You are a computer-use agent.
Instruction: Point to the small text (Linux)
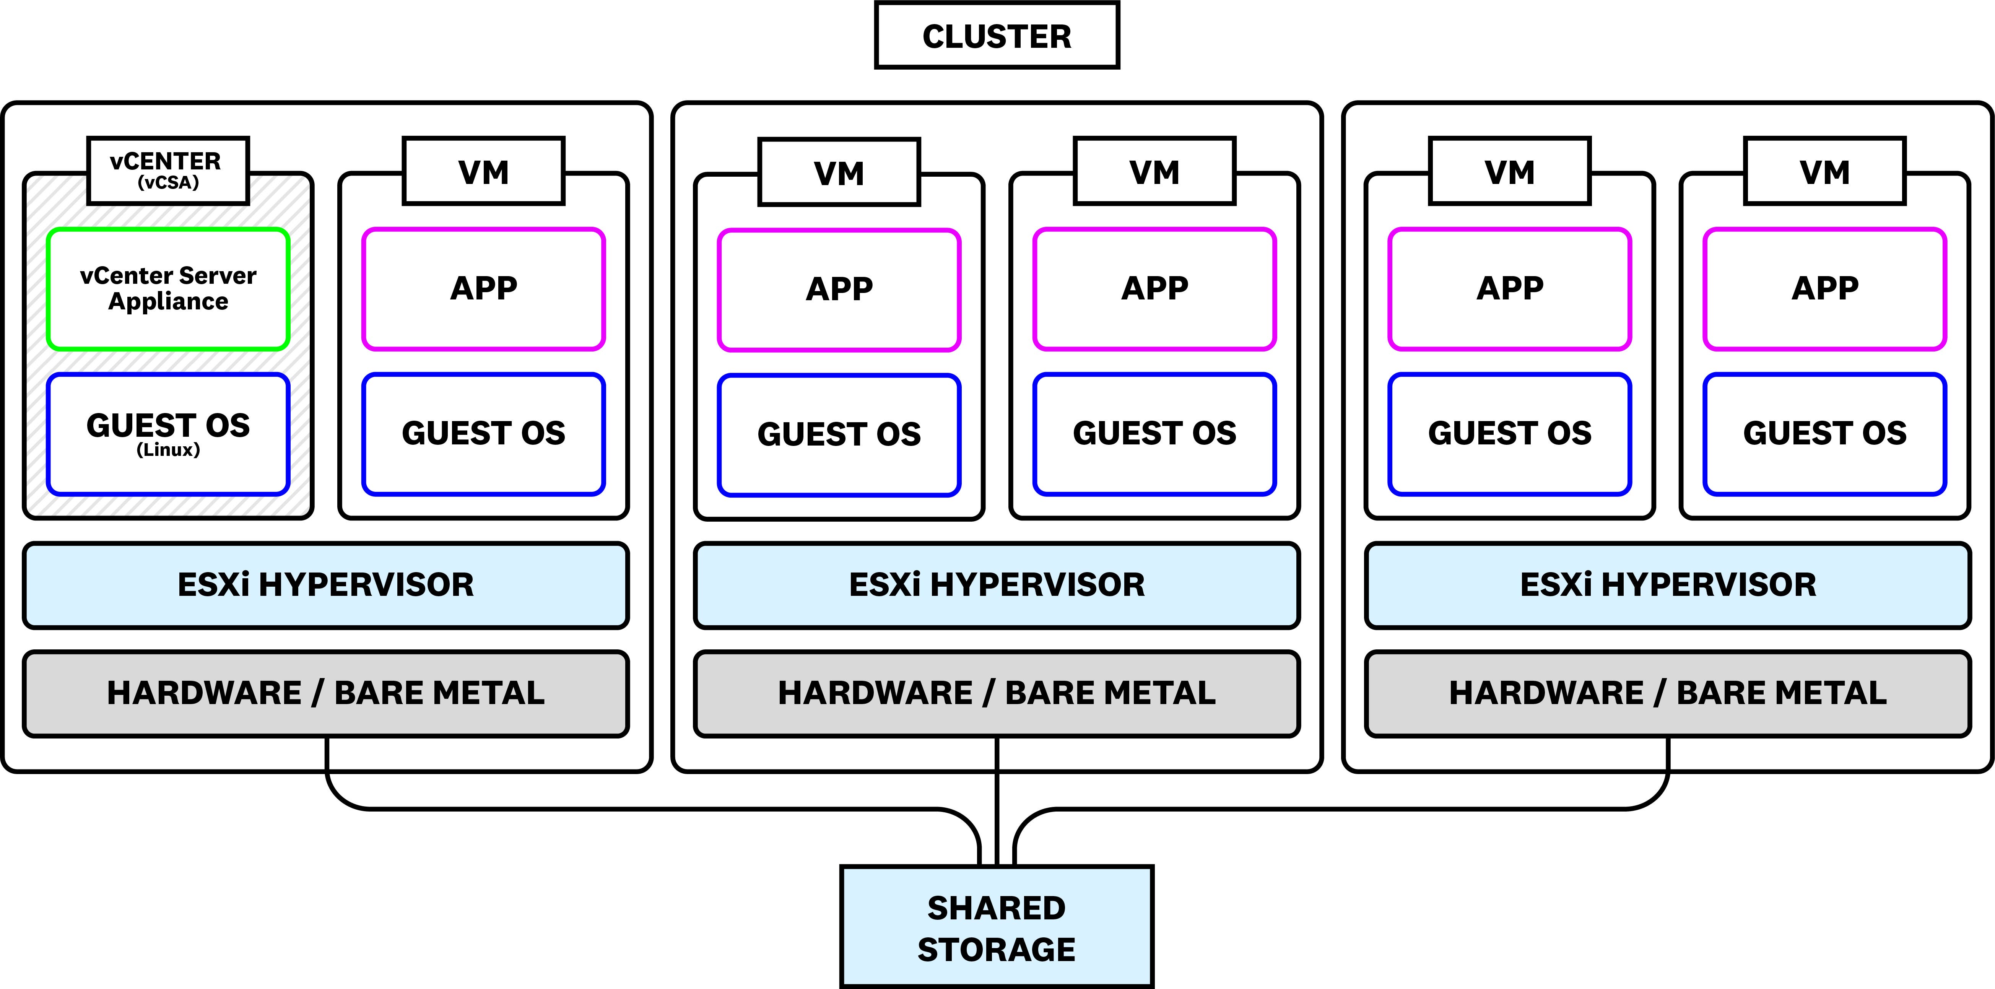tap(168, 450)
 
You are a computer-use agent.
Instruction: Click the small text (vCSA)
tap(168, 183)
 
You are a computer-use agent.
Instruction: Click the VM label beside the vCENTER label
tap(483, 171)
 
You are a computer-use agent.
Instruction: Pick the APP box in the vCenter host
tap(483, 288)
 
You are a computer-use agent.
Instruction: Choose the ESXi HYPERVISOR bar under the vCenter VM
tap(325, 585)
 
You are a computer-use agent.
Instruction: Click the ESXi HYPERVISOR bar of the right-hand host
tap(1667, 585)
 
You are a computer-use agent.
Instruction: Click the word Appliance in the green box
tap(168, 301)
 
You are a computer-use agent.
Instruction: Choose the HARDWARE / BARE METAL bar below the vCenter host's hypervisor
tap(325, 693)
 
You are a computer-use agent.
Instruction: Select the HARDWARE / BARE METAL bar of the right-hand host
tap(1667, 693)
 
